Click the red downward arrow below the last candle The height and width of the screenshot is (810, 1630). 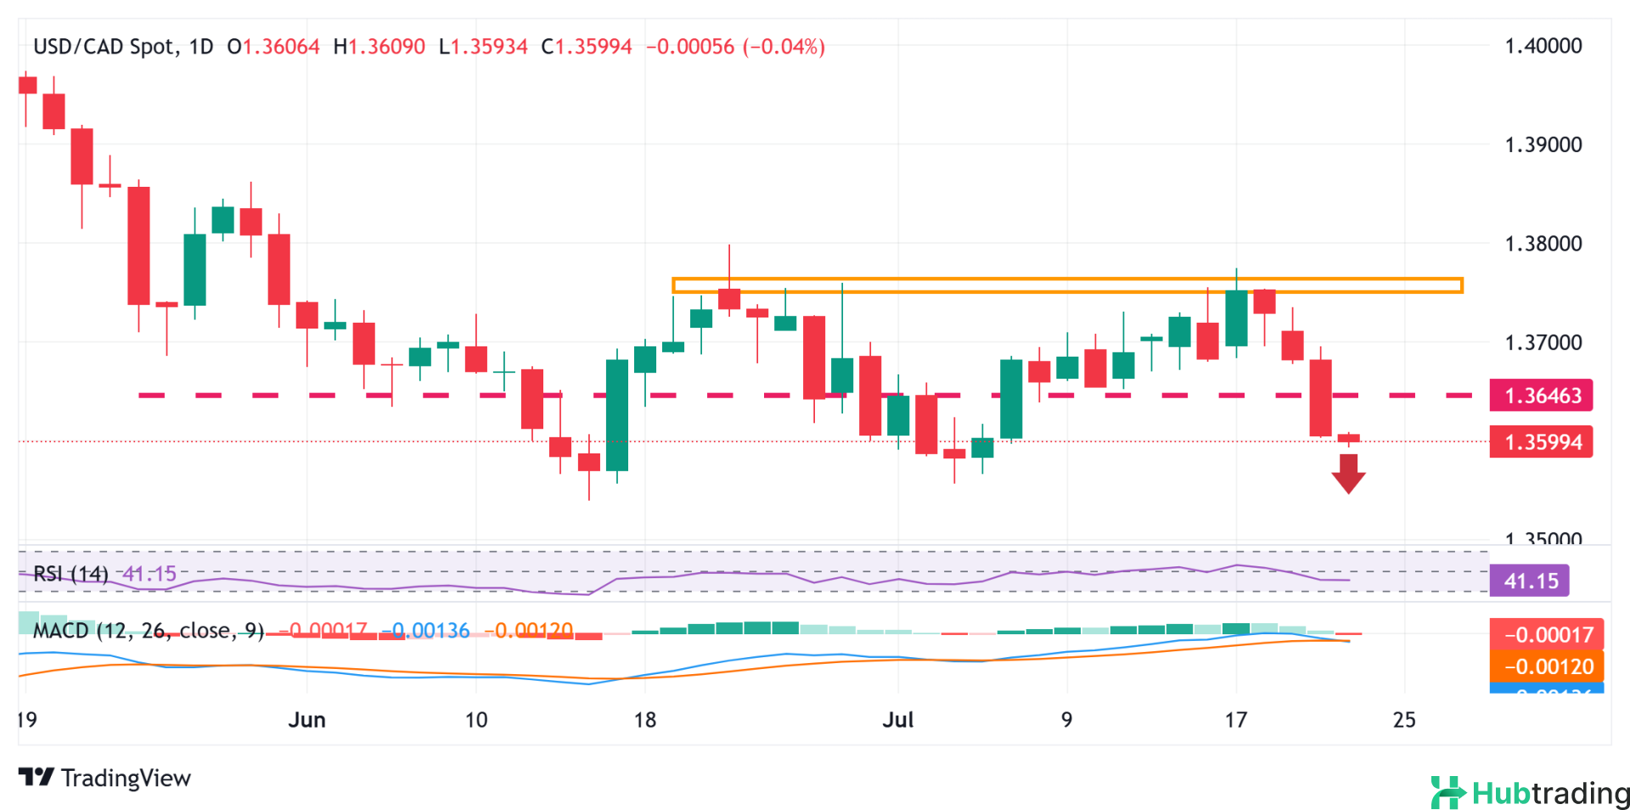coord(1348,473)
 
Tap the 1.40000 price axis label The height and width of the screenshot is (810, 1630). coord(1543,46)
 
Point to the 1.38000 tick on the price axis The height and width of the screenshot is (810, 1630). coord(1543,244)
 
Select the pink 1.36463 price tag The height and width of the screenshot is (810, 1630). coord(1541,396)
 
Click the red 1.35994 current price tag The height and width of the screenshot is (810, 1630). coord(1541,442)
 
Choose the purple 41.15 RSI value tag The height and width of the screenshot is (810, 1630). coord(1530,581)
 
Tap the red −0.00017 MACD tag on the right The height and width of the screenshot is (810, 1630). coord(1547,634)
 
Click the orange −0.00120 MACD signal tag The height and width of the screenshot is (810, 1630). coord(1547,667)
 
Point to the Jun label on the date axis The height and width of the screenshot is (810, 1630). coord(306,720)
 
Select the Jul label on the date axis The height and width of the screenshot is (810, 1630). coord(897,720)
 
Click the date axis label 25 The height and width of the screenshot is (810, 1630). coord(1404,720)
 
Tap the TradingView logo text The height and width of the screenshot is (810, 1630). coord(105,778)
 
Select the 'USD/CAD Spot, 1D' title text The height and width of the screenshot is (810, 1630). coord(123,47)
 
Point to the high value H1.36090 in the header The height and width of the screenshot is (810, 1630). coord(379,47)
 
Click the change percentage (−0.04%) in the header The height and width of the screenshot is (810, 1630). coord(784,47)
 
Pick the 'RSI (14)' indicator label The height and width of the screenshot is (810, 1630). coord(70,574)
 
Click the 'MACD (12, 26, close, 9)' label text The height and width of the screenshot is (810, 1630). coord(149,631)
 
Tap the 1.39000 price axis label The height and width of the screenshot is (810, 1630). coord(1543,144)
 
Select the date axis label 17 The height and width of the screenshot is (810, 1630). coord(1235,720)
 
